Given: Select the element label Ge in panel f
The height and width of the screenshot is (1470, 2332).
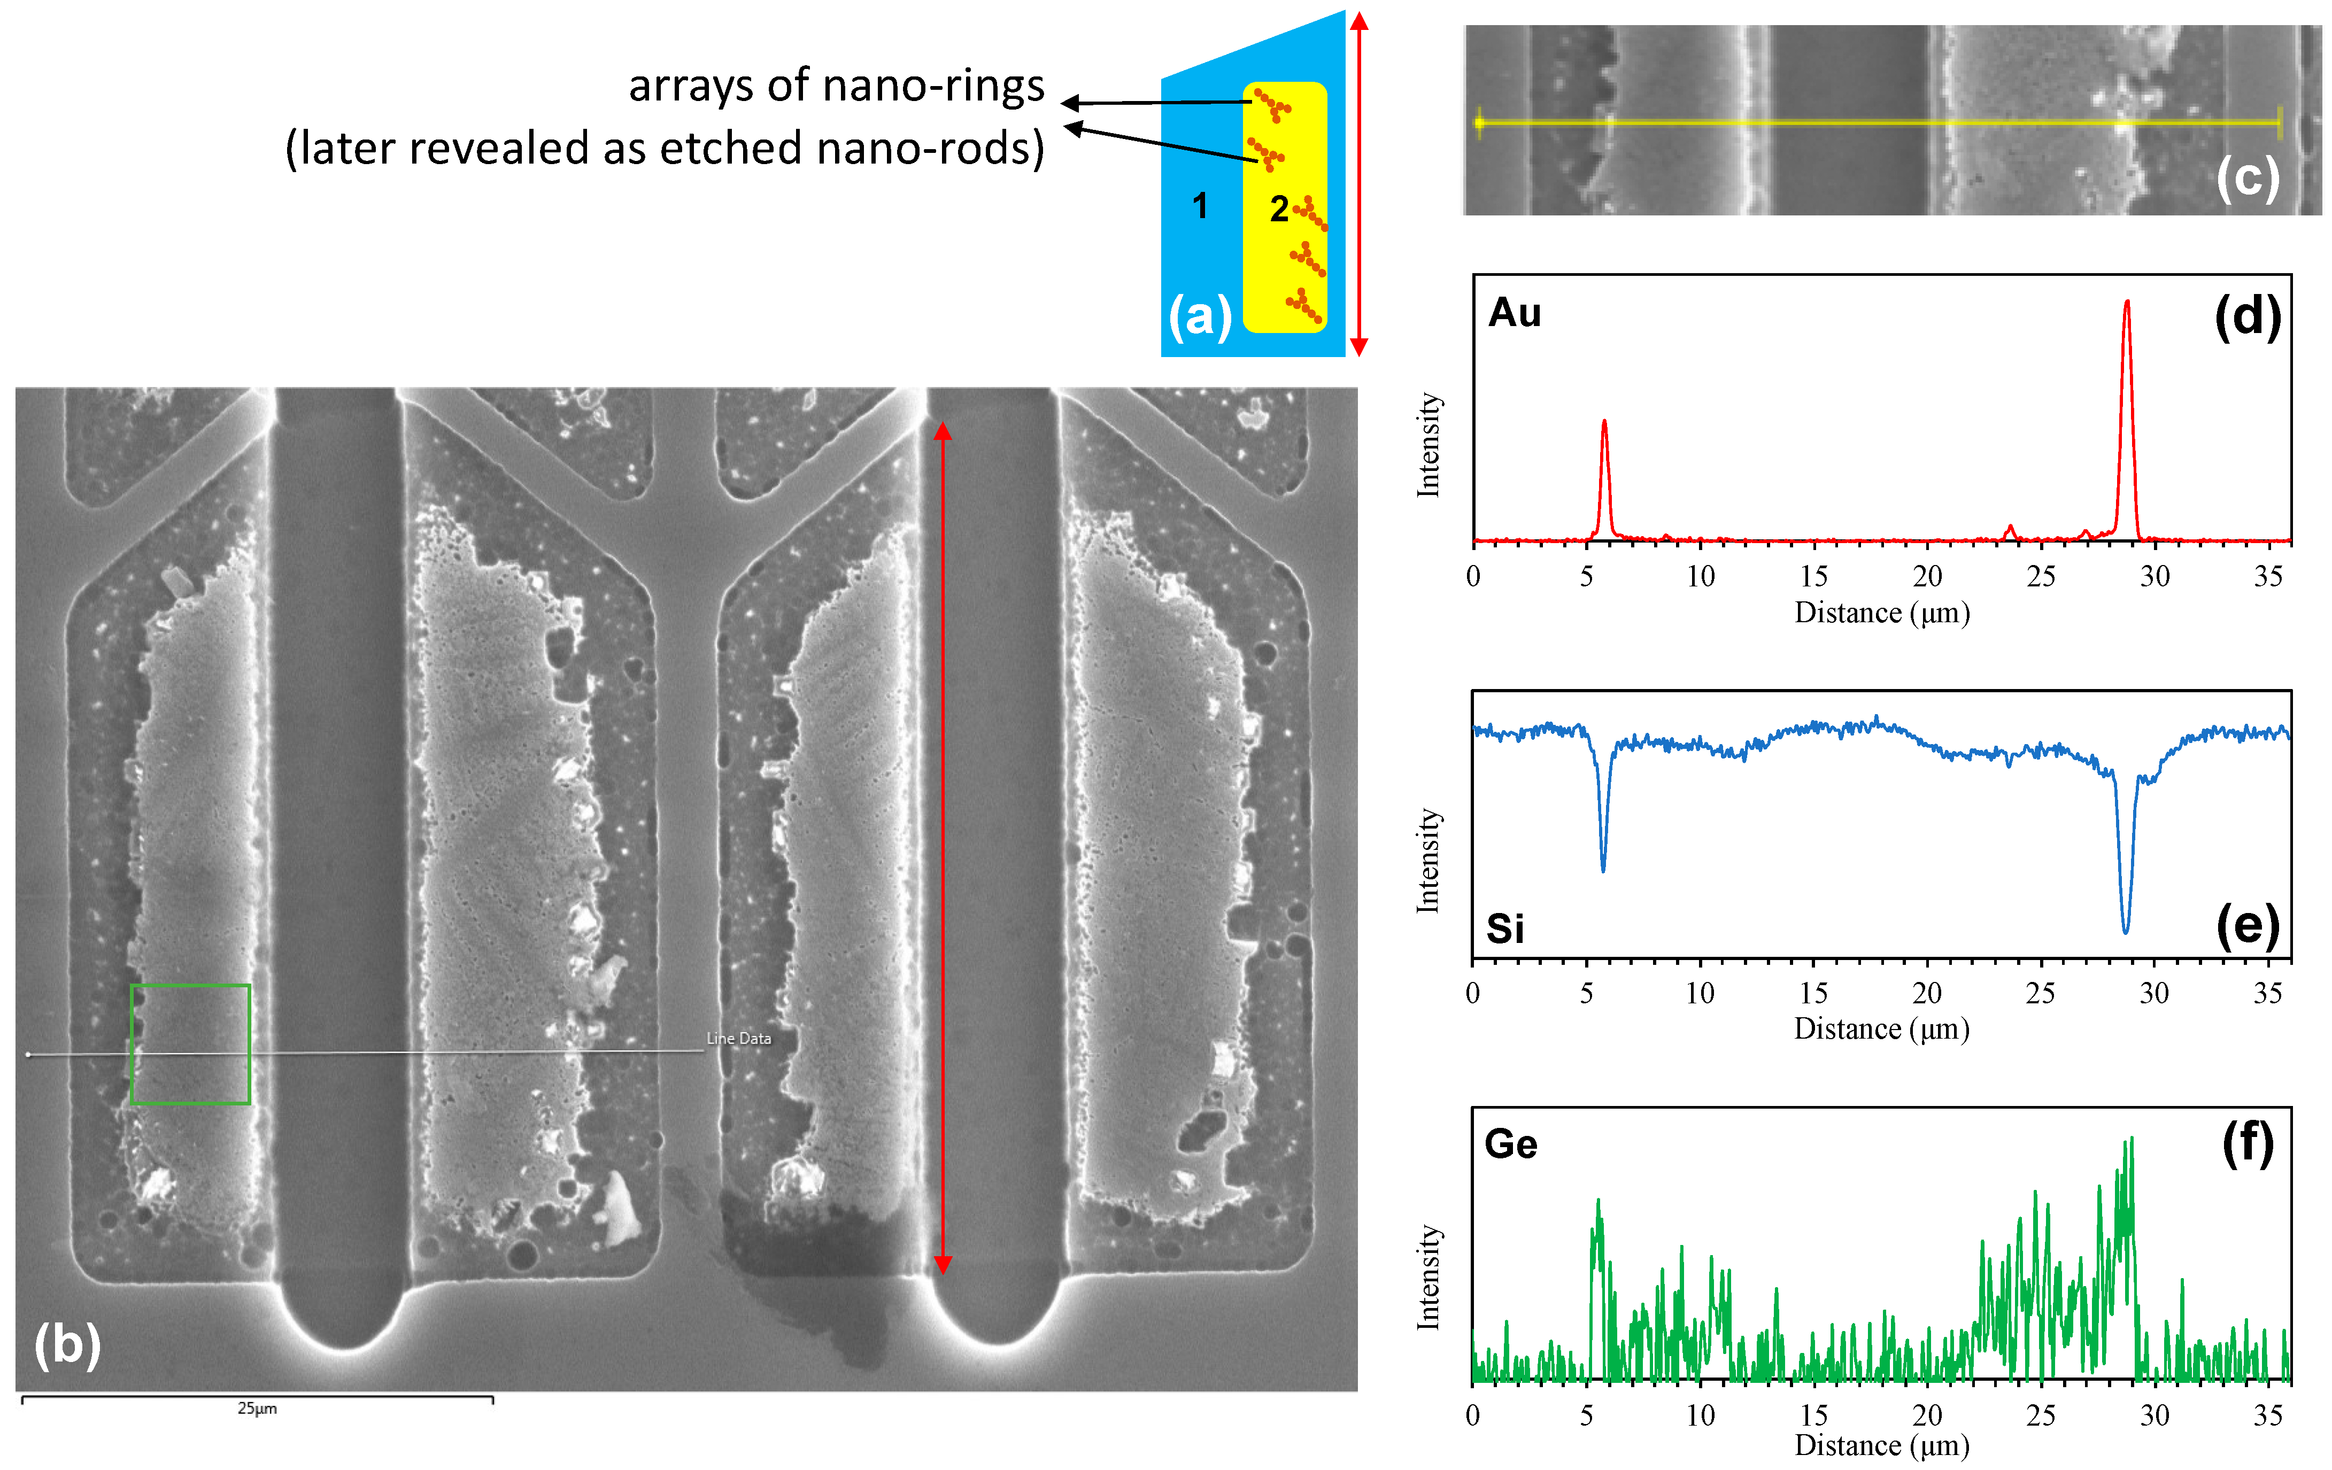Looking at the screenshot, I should click(1511, 1144).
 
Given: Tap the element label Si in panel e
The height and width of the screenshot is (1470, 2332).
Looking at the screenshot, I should click(1505, 929).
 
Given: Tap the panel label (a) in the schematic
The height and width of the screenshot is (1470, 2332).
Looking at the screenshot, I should click(1200, 316).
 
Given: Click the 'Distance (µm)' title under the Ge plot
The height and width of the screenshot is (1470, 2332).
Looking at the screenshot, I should click(1882, 1446).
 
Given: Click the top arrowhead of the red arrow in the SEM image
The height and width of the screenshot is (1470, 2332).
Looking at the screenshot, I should click(943, 431).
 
